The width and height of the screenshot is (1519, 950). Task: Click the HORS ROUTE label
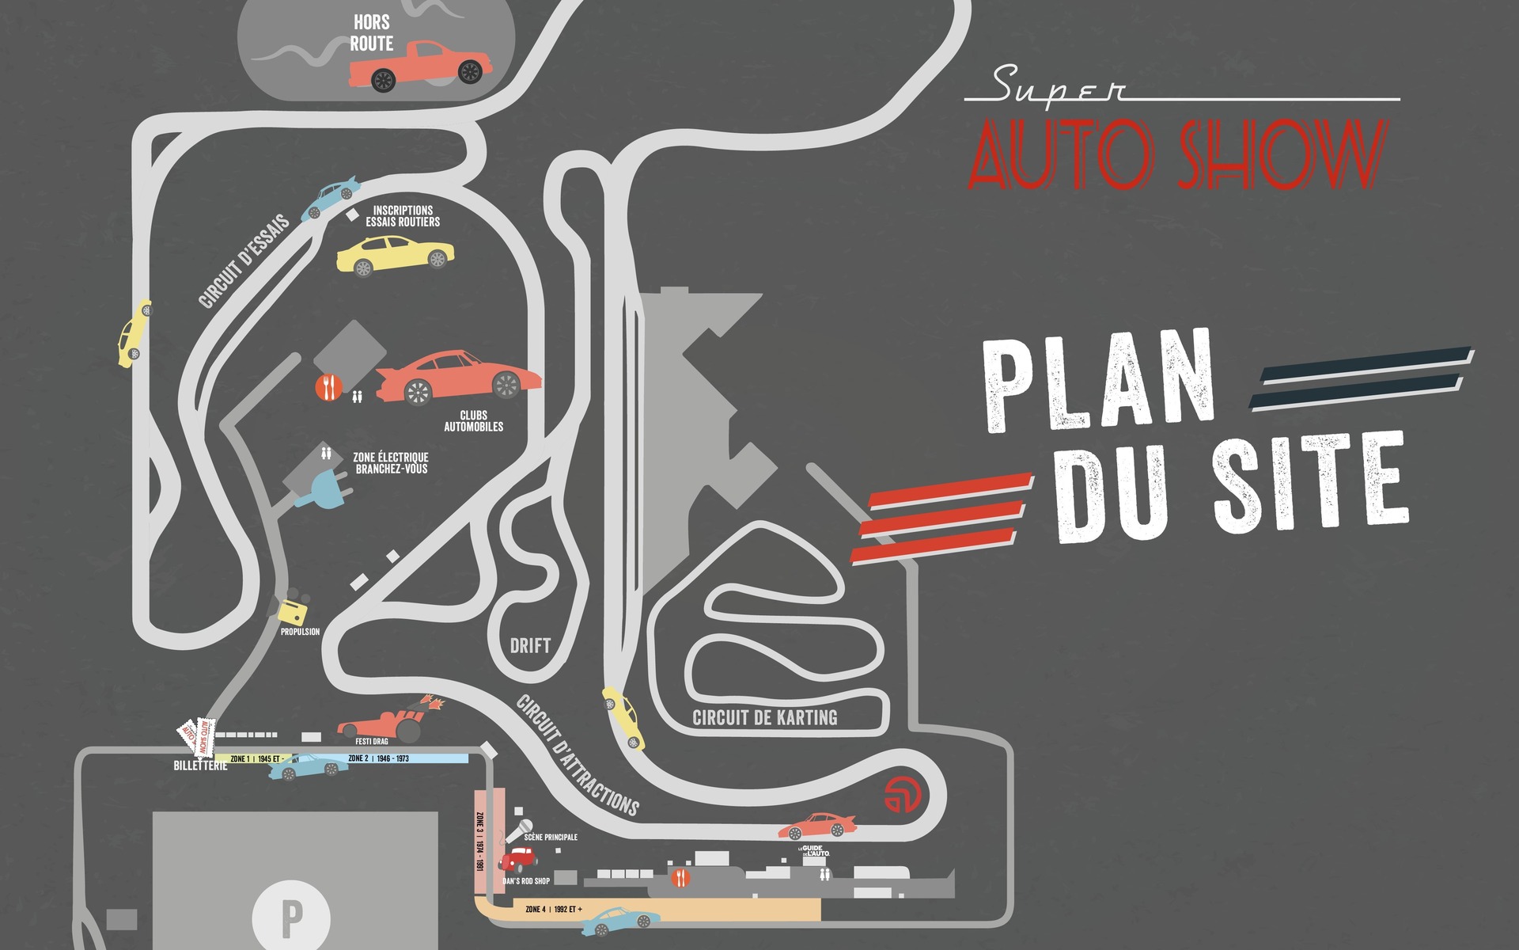[372, 33]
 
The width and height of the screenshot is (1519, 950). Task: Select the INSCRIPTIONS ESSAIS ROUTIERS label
[403, 216]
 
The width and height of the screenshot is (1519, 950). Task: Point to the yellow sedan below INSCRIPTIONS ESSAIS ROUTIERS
[395, 256]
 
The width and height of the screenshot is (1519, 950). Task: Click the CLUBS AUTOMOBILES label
[473, 421]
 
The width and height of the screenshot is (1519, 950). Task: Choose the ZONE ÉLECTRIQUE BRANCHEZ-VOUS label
[391, 463]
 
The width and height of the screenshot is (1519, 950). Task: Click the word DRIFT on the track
[530, 646]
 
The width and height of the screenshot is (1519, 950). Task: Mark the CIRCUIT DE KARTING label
[764, 718]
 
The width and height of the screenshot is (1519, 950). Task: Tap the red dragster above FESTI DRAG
[388, 720]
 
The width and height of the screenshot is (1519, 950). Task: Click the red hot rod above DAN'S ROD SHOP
[518, 859]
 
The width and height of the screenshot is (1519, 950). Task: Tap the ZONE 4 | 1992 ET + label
[554, 910]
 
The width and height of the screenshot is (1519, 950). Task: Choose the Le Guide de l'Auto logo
[815, 852]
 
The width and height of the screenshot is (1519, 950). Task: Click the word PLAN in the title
[1100, 382]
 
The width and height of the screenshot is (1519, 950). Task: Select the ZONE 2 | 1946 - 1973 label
[378, 758]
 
